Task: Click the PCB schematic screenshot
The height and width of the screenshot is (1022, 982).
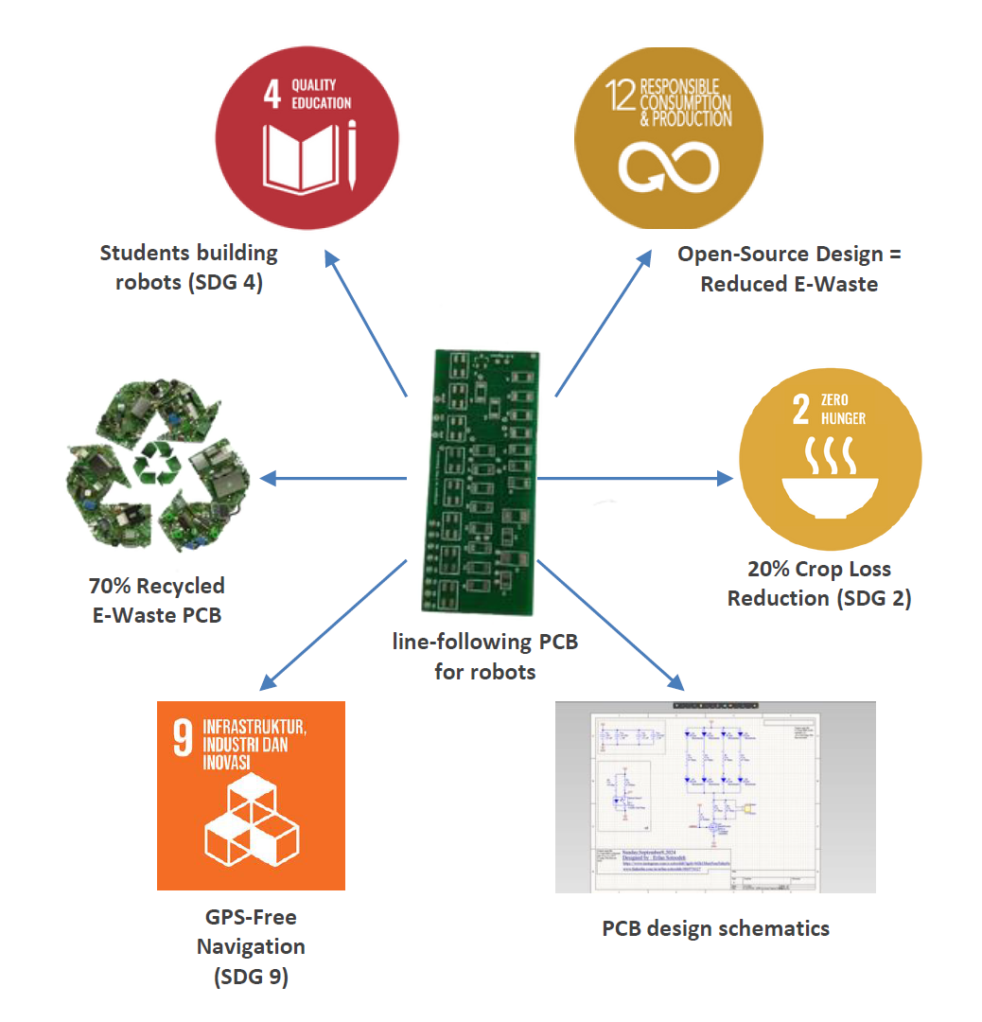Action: click(x=714, y=796)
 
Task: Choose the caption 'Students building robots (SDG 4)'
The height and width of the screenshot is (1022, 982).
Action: click(x=189, y=268)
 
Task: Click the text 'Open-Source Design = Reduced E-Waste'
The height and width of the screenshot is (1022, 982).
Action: click(x=789, y=269)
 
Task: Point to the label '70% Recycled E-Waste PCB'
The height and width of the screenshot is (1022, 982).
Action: click(x=157, y=600)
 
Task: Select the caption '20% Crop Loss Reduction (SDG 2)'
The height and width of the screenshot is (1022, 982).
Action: click(x=819, y=584)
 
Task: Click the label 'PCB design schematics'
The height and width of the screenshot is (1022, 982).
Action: click(x=715, y=927)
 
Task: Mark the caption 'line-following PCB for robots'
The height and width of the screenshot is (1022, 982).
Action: click(x=485, y=657)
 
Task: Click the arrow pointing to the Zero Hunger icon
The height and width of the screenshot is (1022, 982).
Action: click(x=635, y=478)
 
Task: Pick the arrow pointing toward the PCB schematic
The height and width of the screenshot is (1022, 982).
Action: click(x=611, y=626)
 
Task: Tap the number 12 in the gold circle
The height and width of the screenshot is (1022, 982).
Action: click(x=620, y=94)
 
